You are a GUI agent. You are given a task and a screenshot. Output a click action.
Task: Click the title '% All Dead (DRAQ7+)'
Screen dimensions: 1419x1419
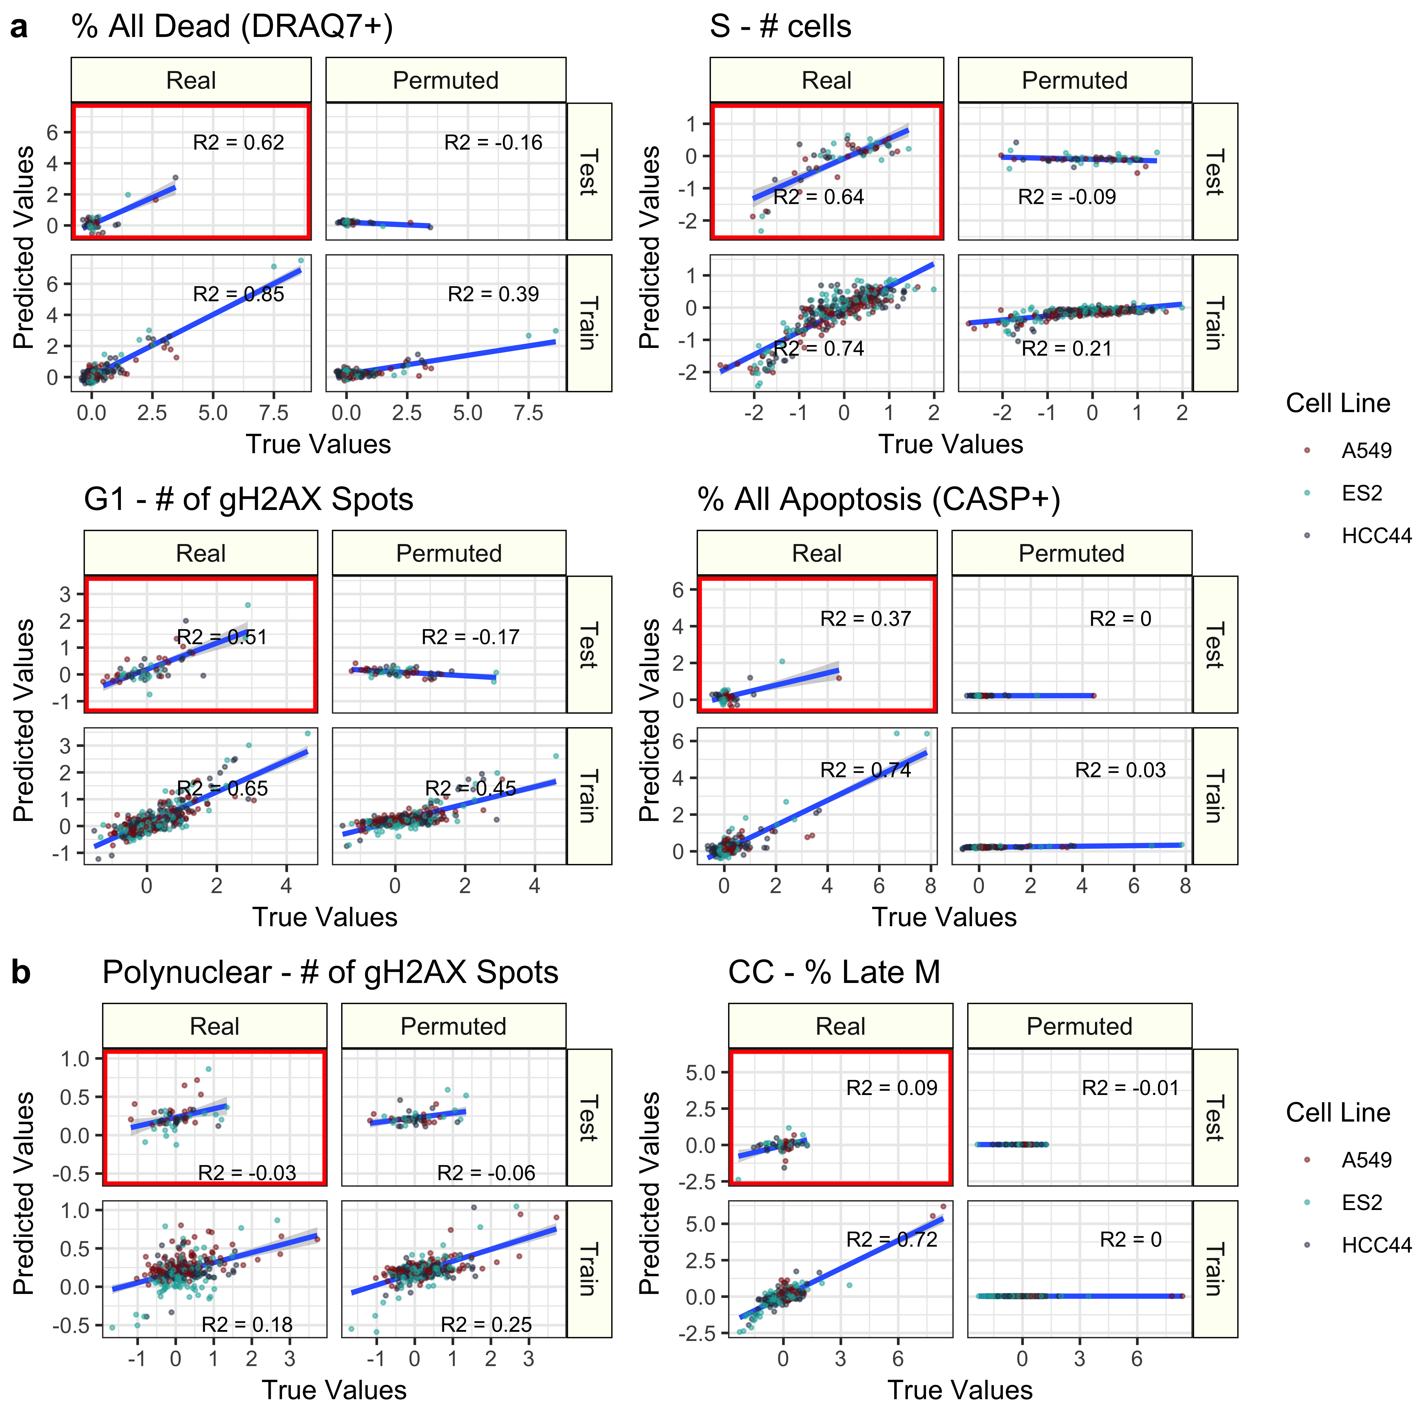(232, 27)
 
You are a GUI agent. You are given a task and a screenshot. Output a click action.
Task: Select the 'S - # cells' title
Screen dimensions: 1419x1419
(780, 27)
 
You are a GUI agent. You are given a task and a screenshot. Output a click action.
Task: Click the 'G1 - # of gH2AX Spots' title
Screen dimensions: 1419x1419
(248, 499)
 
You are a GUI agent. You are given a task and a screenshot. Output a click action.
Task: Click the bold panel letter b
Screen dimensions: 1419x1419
(21, 972)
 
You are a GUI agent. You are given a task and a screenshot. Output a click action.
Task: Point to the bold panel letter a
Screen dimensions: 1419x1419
(19, 27)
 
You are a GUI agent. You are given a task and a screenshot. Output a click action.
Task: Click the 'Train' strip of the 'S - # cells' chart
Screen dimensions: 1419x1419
(1214, 323)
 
